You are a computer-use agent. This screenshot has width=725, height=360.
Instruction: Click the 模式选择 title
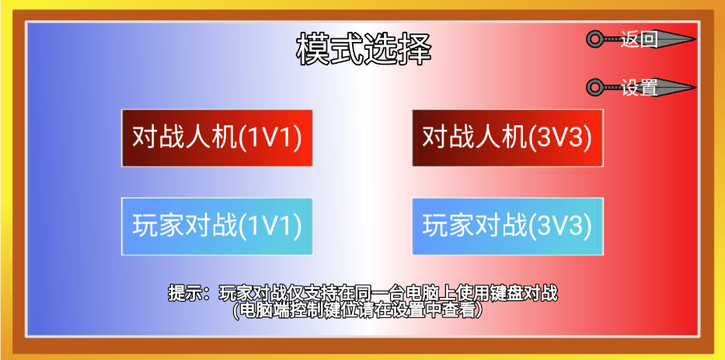[364, 50]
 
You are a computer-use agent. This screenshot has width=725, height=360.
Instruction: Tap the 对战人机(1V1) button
[217, 138]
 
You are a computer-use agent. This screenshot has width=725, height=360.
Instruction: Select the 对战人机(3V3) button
[507, 138]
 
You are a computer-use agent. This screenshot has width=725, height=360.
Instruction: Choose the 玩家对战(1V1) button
[217, 226]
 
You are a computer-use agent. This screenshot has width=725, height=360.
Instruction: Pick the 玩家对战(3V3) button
[507, 226]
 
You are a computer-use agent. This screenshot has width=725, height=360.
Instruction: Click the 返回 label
[639, 39]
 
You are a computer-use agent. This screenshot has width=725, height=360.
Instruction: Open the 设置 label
[639, 88]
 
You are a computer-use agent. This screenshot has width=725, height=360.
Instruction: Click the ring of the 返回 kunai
[594, 38]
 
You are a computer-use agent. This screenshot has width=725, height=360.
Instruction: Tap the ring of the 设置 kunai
[594, 87]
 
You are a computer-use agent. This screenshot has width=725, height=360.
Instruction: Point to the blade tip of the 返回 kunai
[694, 38]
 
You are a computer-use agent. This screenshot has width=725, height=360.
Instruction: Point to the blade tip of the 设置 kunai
[694, 87]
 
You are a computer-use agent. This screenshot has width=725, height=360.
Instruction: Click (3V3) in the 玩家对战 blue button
[561, 227]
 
